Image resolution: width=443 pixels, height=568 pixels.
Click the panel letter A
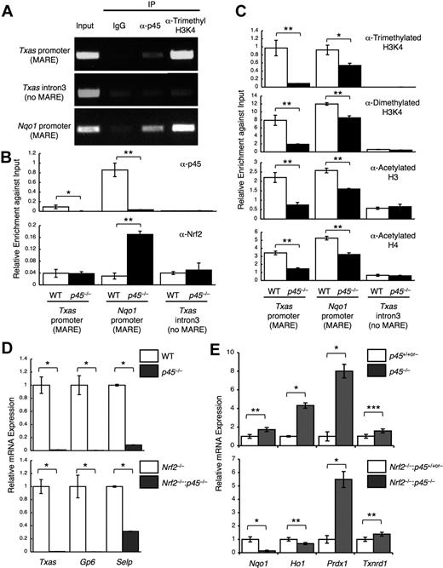[8, 8]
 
